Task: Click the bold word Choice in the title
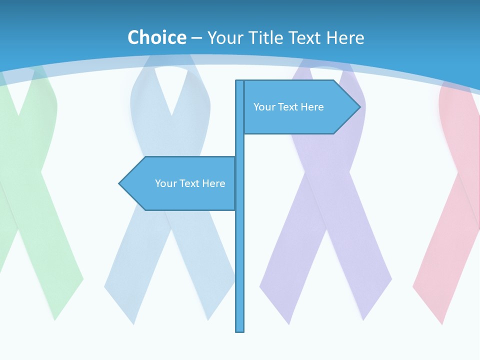[156, 37]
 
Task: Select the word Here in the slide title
[345, 37]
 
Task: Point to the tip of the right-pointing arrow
[359, 106]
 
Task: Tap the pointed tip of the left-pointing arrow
[120, 183]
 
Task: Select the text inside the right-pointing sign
[288, 107]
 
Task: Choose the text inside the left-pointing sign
[190, 183]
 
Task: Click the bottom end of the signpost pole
[240, 330]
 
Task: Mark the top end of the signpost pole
[240, 81]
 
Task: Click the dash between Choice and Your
[196, 38]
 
